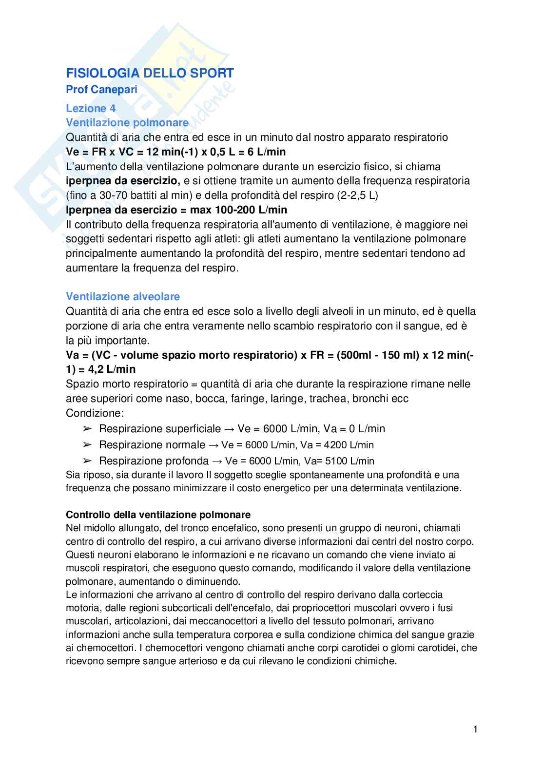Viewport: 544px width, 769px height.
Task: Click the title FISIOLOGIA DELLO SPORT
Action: (150, 73)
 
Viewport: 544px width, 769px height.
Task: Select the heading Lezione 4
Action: (91, 109)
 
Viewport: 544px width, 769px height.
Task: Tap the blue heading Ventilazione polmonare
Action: (127, 122)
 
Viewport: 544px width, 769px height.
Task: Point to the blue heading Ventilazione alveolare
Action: (123, 297)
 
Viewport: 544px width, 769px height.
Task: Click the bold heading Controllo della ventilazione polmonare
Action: (158, 515)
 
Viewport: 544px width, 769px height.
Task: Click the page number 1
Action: (475, 730)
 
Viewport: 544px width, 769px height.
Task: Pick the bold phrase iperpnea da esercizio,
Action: (123, 181)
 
